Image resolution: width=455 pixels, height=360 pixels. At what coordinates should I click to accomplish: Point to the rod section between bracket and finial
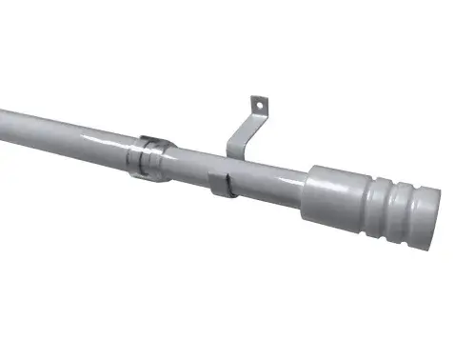click(271, 182)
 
